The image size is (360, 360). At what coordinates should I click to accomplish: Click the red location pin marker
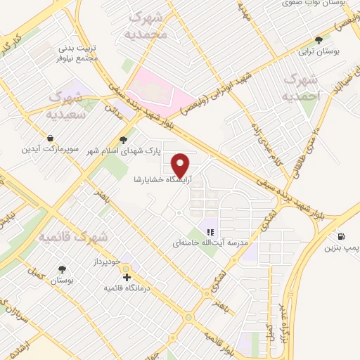(x=181, y=164)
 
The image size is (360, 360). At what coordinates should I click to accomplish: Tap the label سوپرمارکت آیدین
(x=49, y=150)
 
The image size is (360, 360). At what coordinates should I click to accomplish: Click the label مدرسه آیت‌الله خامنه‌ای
(x=212, y=244)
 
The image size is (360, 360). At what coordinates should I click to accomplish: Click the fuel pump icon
(x=341, y=237)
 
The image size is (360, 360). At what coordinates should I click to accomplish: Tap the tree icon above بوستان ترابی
(x=319, y=41)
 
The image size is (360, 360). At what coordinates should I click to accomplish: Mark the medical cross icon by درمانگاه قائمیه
(x=127, y=278)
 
